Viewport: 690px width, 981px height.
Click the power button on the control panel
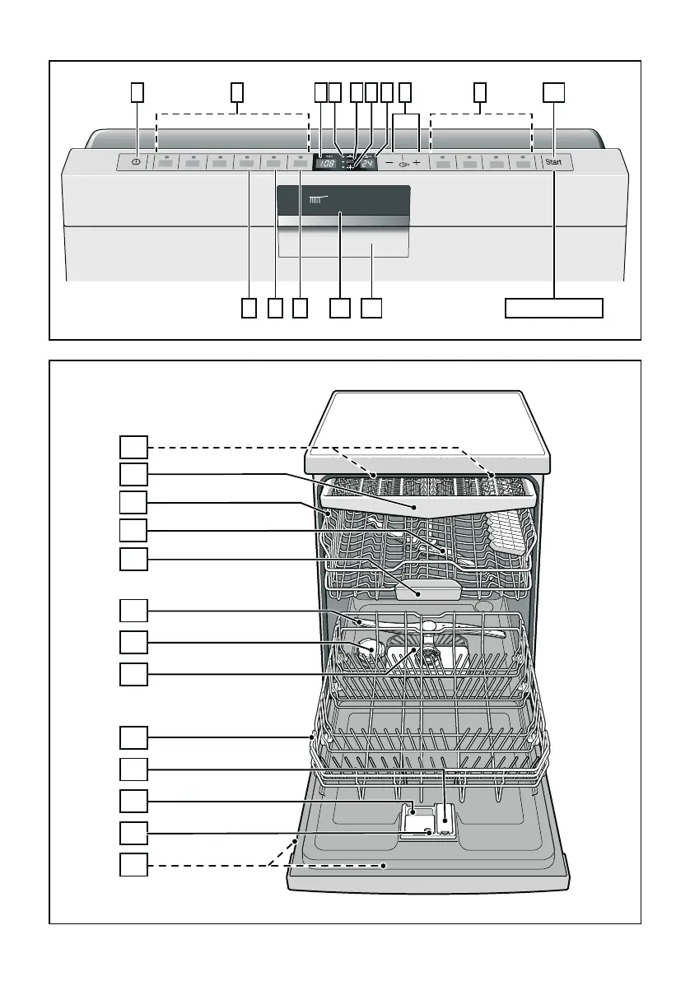tap(134, 163)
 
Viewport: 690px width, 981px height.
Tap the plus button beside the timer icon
tap(417, 163)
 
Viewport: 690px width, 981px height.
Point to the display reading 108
tap(327, 164)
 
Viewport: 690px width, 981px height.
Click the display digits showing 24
tap(367, 164)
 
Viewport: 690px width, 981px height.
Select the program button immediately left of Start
tap(522, 163)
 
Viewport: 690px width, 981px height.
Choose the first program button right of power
tap(166, 163)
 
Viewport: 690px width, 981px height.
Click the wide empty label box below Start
tap(553, 308)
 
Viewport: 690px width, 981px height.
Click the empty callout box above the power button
tap(138, 92)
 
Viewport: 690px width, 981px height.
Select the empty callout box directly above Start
tap(554, 92)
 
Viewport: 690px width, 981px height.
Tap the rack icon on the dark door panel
tap(317, 199)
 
